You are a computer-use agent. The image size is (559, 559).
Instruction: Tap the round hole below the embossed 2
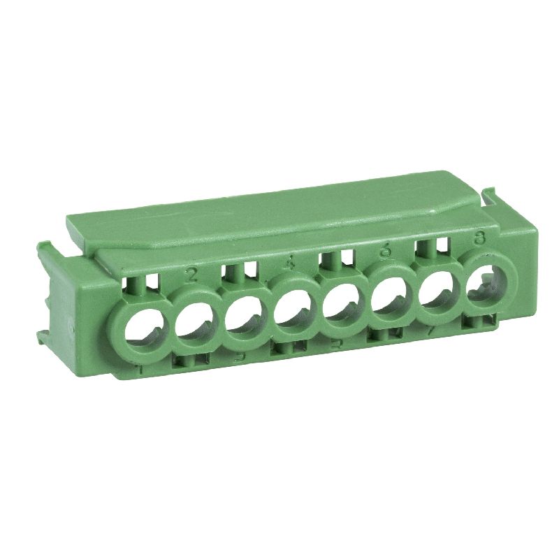click(194, 323)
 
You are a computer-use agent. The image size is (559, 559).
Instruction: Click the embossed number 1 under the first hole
click(140, 366)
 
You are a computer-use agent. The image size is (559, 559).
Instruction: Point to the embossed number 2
click(192, 273)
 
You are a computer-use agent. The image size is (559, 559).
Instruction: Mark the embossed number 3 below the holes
click(239, 356)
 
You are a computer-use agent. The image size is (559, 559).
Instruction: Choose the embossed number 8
click(479, 238)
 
